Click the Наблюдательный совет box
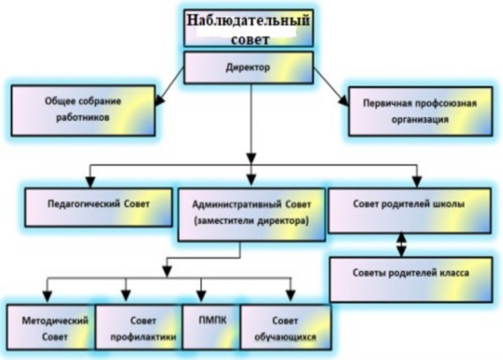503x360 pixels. pyautogui.click(x=248, y=28)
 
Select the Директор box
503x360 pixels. pyautogui.click(x=248, y=68)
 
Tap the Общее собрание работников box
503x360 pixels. pyautogui.click(x=83, y=110)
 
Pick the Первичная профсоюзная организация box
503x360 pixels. pyautogui.click(x=421, y=112)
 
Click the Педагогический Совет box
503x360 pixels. pyautogui.click(x=99, y=207)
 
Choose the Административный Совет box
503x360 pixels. pyautogui.click(x=251, y=214)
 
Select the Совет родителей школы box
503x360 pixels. pyautogui.click(x=409, y=211)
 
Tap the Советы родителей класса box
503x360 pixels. pyautogui.click(x=411, y=280)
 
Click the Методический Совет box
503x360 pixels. pyautogui.click(x=51, y=327)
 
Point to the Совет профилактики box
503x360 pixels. pyautogui.click(x=139, y=327)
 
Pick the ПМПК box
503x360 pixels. pyautogui.click(x=212, y=327)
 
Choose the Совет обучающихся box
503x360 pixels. pyautogui.click(x=286, y=327)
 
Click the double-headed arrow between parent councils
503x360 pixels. pyautogui.click(x=402, y=244)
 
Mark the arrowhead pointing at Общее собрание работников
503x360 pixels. pyautogui.click(x=159, y=100)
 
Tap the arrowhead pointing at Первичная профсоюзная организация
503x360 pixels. pyautogui.click(x=343, y=101)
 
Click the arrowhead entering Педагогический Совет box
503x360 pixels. pyautogui.click(x=91, y=182)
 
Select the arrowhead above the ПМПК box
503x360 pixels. pyautogui.click(x=201, y=296)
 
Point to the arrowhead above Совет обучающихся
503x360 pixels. pyautogui.click(x=290, y=296)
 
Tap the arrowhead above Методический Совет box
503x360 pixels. pyautogui.click(x=48, y=296)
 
